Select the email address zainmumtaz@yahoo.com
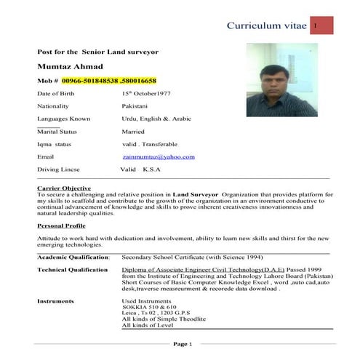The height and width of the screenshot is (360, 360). (x=159, y=156)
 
